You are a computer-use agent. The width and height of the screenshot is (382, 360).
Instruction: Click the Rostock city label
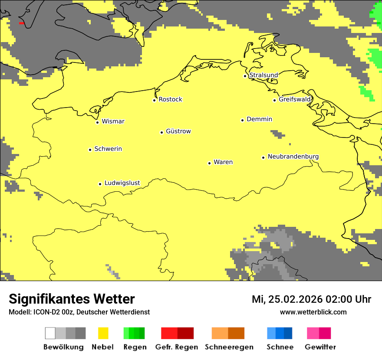[x=170, y=99]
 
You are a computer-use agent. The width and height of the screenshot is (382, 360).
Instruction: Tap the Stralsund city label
[x=263, y=75]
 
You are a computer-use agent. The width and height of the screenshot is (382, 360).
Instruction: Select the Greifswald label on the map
[x=295, y=99]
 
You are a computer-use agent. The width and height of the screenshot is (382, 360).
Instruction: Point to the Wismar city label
[x=113, y=121]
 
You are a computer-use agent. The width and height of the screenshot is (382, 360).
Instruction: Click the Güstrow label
[x=178, y=131]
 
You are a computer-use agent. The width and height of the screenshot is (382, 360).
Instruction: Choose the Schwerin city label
[x=108, y=149]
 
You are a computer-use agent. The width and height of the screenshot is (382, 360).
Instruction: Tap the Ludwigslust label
[x=122, y=183]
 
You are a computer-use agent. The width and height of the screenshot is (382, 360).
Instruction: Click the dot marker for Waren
[x=209, y=163]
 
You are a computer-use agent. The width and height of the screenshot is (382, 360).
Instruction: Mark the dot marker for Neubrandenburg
[x=263, y=157]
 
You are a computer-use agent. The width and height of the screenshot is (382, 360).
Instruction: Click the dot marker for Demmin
[x=242, y=120]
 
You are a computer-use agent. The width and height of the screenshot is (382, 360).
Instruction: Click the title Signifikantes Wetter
[x=72, y=299]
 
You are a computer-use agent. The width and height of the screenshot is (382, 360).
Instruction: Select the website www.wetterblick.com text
[x=313, y=312]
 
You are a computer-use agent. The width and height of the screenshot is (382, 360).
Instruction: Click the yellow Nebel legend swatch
[x=103, y=333]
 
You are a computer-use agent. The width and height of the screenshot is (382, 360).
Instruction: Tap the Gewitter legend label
[x=320, y=347]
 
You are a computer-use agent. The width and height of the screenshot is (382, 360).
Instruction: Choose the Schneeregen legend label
[x=229, y=347]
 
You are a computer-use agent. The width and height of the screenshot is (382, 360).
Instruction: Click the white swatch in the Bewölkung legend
[x=50, y=333]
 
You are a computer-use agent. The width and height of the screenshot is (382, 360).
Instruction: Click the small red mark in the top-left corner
[x=21, y=23]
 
